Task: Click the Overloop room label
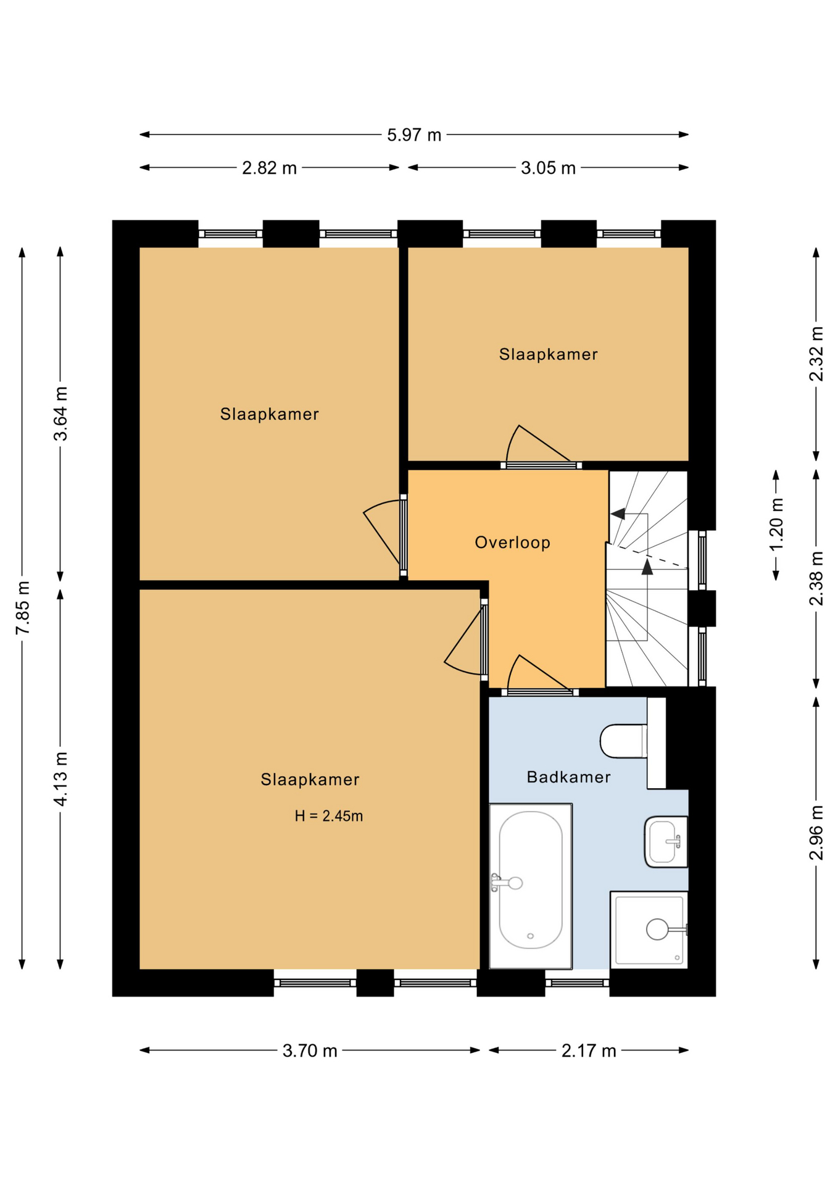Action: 512,543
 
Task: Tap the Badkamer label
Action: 568,777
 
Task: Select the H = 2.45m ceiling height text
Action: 328,816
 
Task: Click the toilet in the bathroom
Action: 624,741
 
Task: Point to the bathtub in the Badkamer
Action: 531,886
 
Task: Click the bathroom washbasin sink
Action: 666,842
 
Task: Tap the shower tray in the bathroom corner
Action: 649,929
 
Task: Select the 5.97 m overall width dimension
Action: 414,135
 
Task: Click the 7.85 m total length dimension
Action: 23,608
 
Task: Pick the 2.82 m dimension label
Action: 269,168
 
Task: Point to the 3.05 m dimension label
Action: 548,168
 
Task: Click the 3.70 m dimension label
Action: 310,1050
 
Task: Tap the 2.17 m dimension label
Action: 589,1050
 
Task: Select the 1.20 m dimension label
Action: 776,525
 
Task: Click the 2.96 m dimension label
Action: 816,833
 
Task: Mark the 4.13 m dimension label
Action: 60,779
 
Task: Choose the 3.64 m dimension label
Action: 60,414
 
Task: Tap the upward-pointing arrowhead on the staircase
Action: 647,567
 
